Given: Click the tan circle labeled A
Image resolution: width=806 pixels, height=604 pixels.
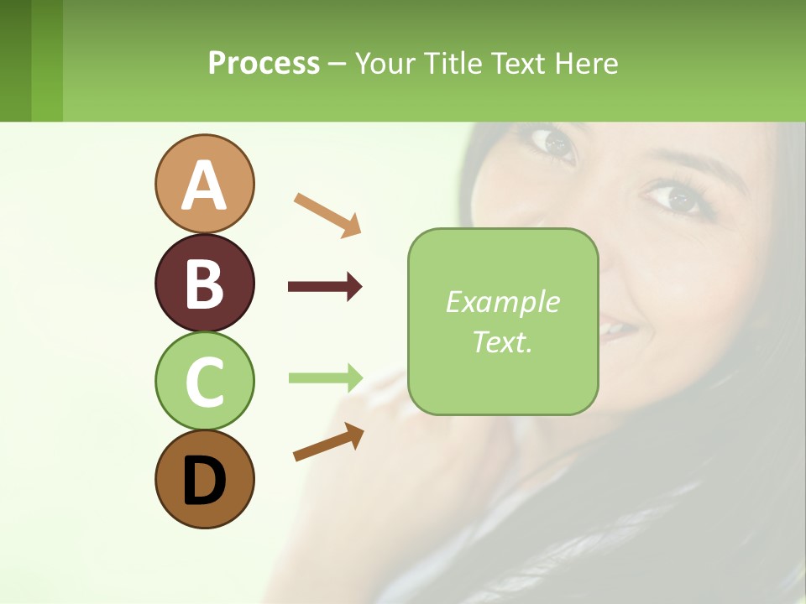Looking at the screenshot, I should [x=204, y=184].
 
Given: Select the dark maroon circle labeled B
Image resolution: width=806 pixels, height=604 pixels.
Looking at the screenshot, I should [x=204, y=283].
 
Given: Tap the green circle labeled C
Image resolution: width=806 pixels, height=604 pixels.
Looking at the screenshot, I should [x=204, y=381].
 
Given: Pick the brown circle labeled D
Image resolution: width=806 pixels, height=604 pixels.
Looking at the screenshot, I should [x=204, y=479].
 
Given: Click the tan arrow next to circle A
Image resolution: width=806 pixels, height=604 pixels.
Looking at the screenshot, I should [x=327, y=214].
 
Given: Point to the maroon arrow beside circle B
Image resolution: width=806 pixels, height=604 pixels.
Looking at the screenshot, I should [x=325, y=287].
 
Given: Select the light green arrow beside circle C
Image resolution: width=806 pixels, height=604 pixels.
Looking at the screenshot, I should [x=325, y=377].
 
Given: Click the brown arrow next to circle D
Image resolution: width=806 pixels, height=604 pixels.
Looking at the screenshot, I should [x=328, y=442].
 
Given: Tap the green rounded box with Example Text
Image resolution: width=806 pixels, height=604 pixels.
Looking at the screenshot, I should [x=503, y=321].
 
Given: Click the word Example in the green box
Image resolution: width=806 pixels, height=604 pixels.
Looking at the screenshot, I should [x=503, y=302].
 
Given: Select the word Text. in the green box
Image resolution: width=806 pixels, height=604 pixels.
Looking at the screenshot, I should [x=503, y=341].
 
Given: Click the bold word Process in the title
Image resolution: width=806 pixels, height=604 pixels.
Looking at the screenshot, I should [x=264, y=63].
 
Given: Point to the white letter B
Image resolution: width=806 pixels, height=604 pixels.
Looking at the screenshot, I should [x=204, y=284].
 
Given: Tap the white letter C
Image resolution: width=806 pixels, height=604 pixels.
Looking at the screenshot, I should [x=204, y=382].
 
